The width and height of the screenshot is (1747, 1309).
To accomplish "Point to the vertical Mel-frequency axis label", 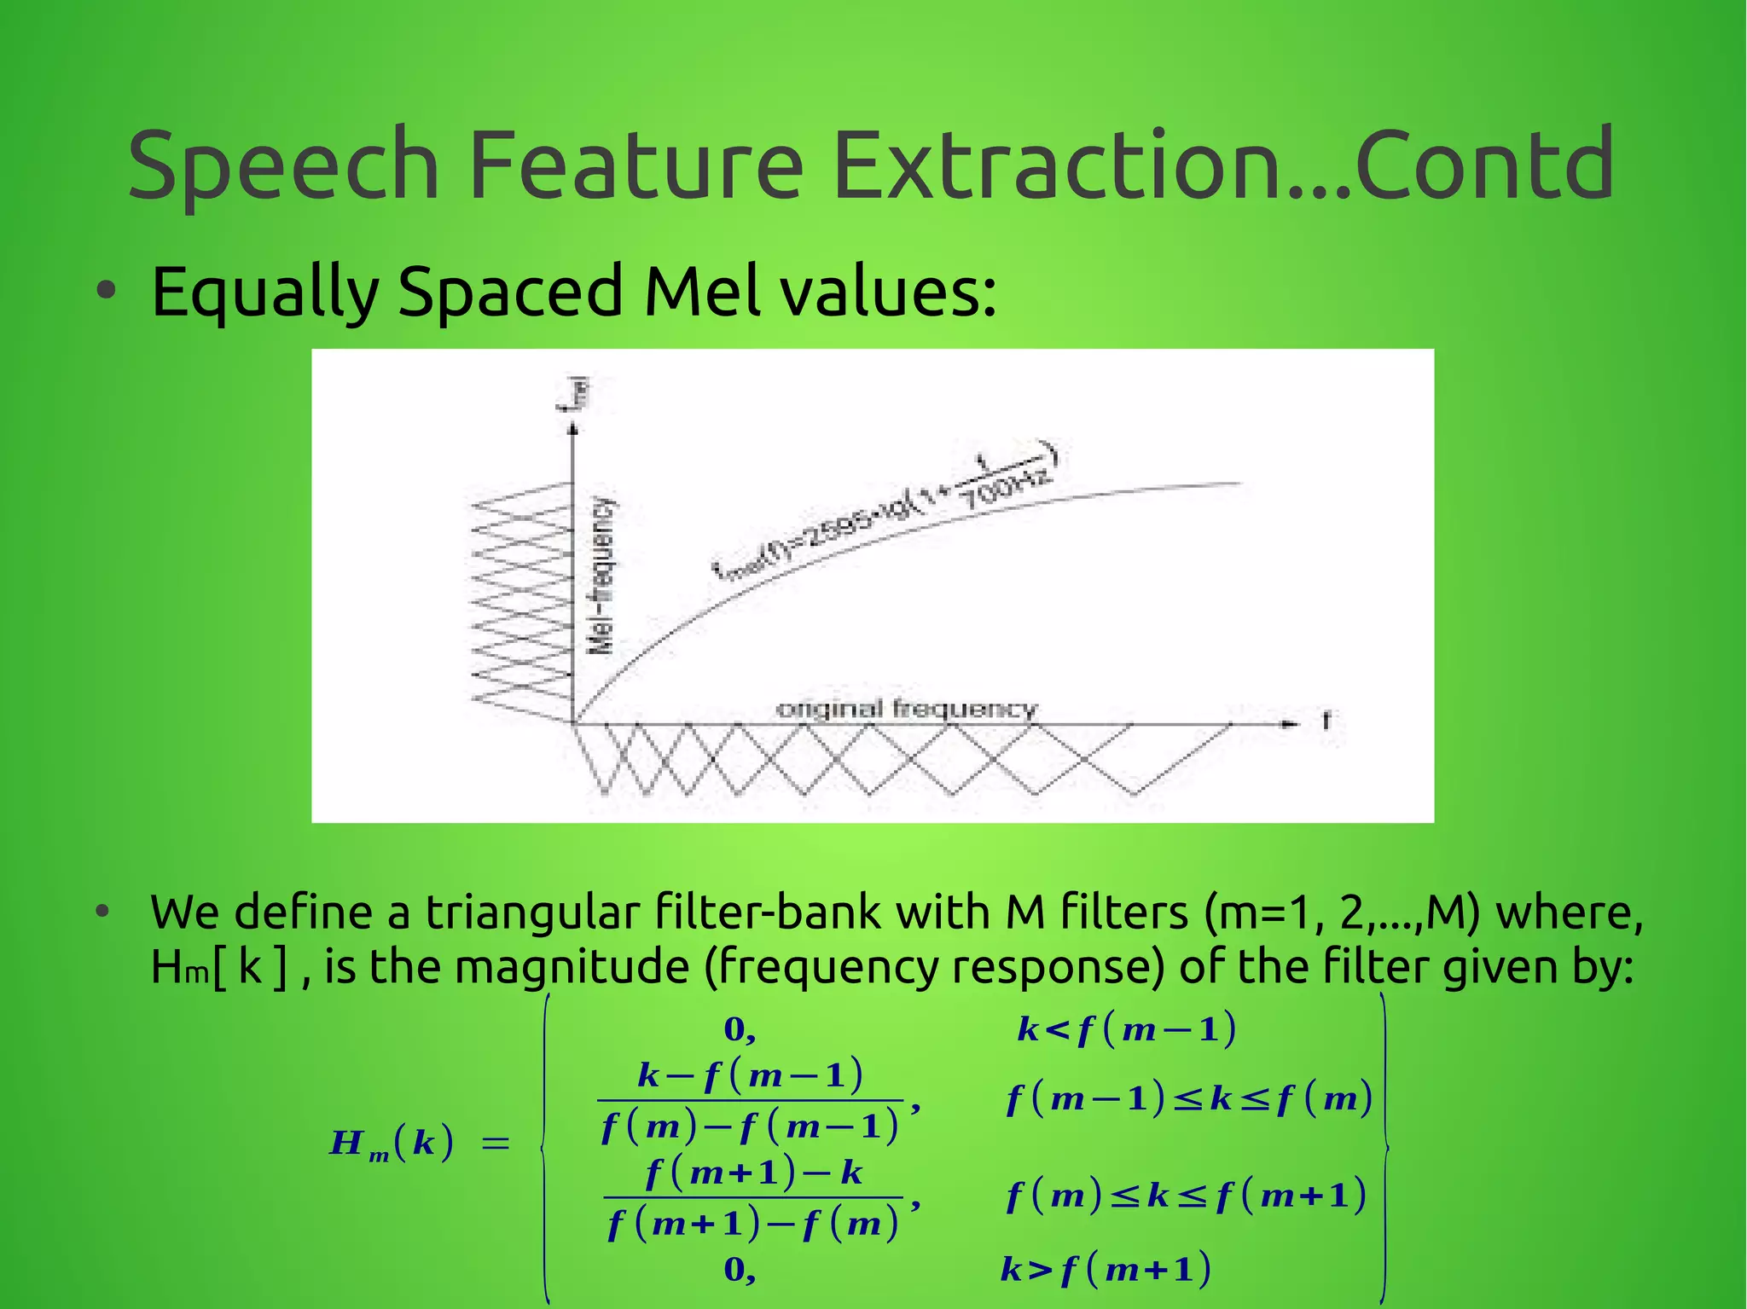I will click(602, 576).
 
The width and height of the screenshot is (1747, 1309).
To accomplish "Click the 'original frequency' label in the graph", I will click(906, 709).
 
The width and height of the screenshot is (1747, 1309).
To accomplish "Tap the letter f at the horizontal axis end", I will click(1326, 721).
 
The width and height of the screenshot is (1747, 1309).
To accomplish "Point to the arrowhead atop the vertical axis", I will click(573, 428).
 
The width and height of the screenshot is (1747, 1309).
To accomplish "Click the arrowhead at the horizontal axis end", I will click(1289, 723).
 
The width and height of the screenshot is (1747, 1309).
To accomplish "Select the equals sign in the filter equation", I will click(496, 1143).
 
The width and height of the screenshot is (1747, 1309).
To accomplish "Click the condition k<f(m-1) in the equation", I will click(1126, 1030).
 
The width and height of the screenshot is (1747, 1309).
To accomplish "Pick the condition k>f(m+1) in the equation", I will click(1106, 1270).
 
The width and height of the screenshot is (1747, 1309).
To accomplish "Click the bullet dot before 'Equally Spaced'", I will click(106, 292).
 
